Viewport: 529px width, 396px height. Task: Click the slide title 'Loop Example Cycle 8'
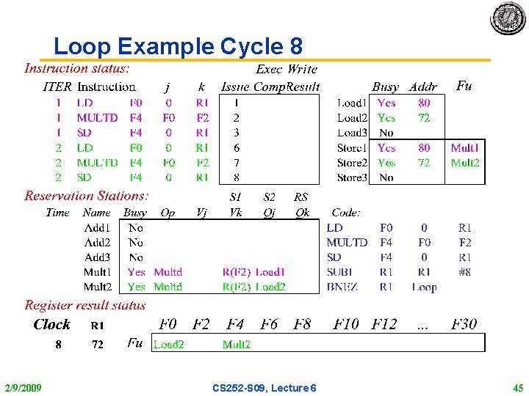pyautogui.click(x=178, y=47)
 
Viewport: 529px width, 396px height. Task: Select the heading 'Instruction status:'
pyautogui.click(x=77, y=69)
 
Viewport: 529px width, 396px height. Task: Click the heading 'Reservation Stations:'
pyautogui.click(x=87, y=196)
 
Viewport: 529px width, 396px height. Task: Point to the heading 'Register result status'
pyautogui.click(x=85, y=305)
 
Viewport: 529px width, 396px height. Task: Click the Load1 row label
pyautogui.click(x=352, y=103)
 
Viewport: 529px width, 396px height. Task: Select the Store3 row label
pyautogui.click(x=352, y=177)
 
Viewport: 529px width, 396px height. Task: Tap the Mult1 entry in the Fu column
pyautogui.click(x=464, y=147)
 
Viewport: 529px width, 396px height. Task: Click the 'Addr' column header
pyautogui.click(x=423, y=87)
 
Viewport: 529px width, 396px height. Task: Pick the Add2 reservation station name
pyautogui.click(x=97, y=242)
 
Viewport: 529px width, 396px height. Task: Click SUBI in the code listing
pyautogui.click(x=343, y=272)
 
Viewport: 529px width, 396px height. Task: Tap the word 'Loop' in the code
pyautogui.click(x=424, y=287)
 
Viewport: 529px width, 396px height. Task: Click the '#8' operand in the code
pyautogui.click(x=464, y=272)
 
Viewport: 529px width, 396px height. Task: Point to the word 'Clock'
pyautogui.click(x=51, y=325)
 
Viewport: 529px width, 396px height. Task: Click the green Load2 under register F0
pyautogui.click(x=168, y=344)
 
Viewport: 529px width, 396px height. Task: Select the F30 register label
pyautogui.click(x=464, y=324)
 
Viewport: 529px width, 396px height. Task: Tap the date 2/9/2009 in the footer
pyautogui.click(x=23, y=387)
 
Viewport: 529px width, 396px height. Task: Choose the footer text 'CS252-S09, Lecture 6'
pyautogui.click(x=264, y=387)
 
